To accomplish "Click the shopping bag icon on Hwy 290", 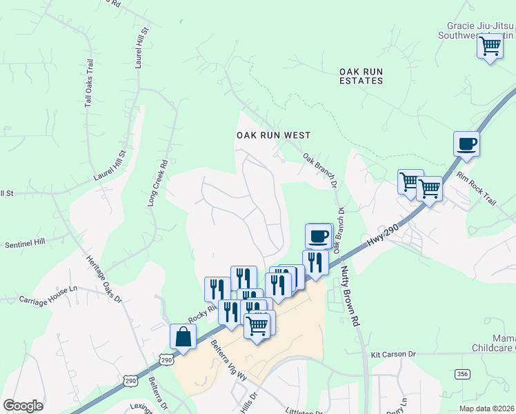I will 183,337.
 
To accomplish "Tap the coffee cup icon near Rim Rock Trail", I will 466,144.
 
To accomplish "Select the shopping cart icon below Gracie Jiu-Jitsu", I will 490,47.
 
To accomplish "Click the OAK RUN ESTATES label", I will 361,76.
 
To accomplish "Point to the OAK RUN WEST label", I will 273,136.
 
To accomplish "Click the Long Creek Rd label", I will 158,184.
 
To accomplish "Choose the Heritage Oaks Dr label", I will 103,279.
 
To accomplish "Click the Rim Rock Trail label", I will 476,188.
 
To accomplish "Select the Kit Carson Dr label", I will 393,355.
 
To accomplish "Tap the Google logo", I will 23,406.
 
